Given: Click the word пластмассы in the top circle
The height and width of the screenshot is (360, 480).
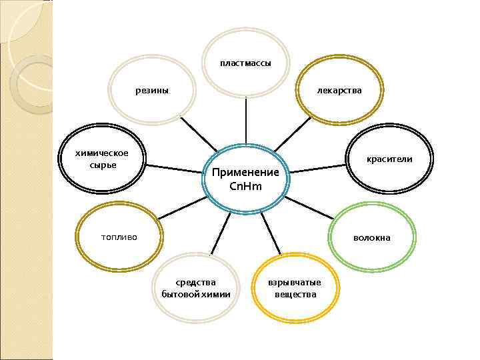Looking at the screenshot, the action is [x=245, y=63].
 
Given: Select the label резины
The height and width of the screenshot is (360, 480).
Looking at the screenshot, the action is [x=152, y=90].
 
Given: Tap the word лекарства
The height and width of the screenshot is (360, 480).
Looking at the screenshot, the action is [x=340, y=90].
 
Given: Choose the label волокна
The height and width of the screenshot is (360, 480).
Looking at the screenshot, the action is [x=372, y=237].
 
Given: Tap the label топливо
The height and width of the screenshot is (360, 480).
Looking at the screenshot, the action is [x=118, y=236].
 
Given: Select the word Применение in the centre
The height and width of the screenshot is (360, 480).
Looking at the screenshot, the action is [x=245, y=173].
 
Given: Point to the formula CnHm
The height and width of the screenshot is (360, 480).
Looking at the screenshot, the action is [x=245, y=186].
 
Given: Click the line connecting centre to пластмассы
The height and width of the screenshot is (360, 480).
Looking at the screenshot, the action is [x=246, y=120].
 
